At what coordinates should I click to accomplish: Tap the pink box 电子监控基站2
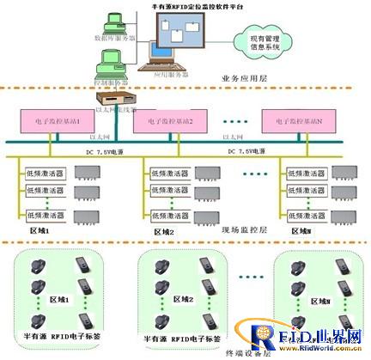tap(169, 121)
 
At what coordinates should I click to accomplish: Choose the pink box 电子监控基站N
tap(297, 121)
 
